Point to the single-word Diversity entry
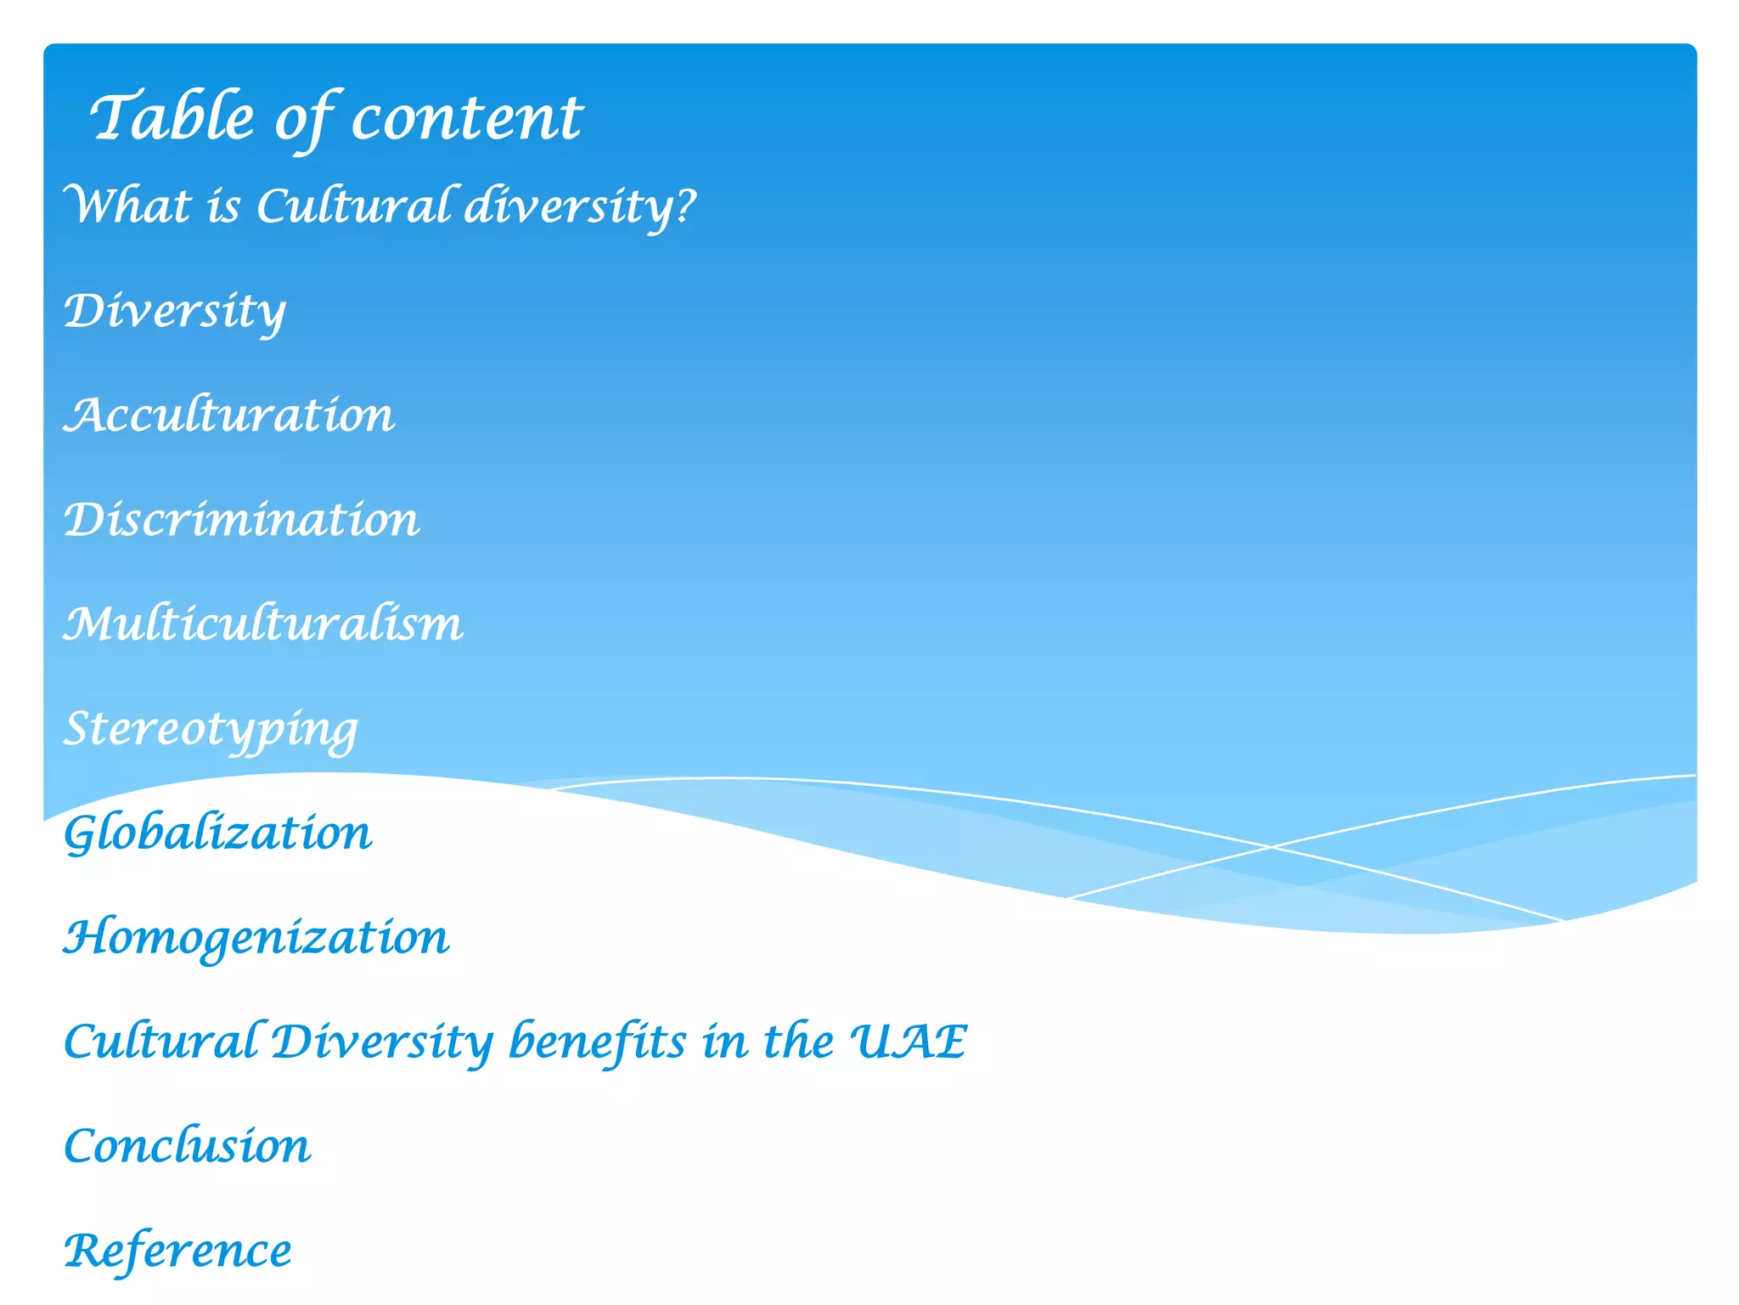coord(175,311)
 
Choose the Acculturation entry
coord(229,415)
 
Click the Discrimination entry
coord(242,519)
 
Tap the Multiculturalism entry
coord(263,624)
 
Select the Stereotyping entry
coord(211,729)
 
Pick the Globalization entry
coord(218,833)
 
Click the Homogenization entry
coord(256,937)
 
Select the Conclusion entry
coord(188,1145)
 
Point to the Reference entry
coord(177,1251)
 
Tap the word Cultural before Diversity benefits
coord(161,1041)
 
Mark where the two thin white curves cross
coord(1271,846)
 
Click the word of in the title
coord(304,119)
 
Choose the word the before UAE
coord(798,1041)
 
